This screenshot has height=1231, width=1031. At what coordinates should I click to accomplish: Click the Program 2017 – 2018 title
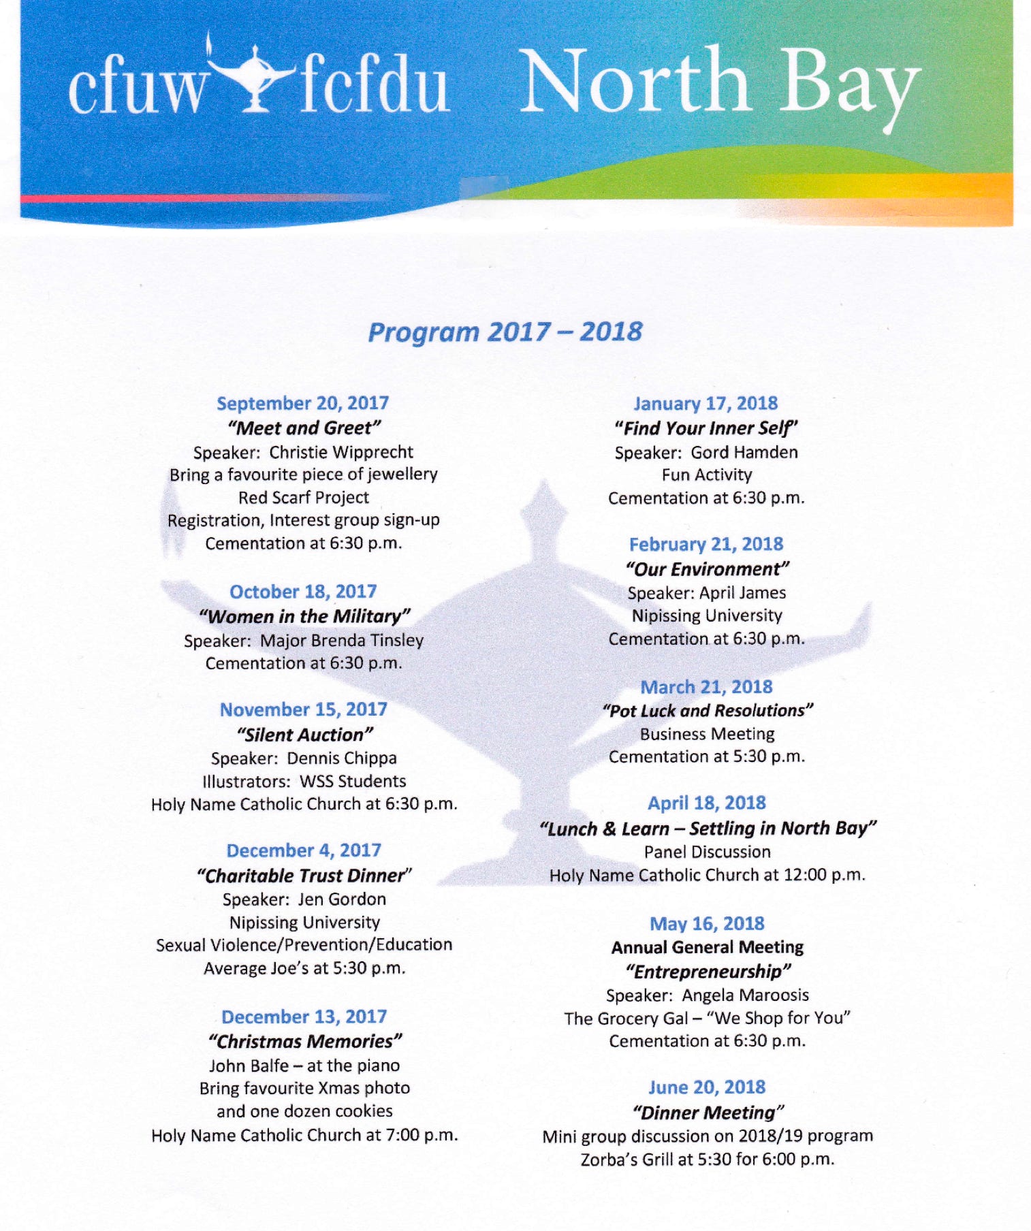(505, 332)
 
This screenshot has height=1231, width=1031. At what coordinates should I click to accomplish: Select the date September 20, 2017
(302, 403)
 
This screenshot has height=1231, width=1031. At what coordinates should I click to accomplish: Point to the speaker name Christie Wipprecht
(341, 452)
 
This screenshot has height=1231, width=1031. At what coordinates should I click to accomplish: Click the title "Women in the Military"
(304, 616)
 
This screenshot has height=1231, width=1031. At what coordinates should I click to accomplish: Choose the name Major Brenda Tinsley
(342, 641)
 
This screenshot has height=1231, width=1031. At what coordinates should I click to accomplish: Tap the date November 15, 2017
(303, 709)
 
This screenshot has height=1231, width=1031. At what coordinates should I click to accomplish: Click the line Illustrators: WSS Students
(304, 781)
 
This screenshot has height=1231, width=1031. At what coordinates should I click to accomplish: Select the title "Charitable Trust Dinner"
(304, 876)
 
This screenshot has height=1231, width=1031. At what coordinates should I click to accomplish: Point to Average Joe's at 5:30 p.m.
(304, 968)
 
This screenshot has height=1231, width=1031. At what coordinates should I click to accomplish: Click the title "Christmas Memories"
(304, 1041)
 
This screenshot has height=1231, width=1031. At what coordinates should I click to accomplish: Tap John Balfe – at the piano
(304, 1066)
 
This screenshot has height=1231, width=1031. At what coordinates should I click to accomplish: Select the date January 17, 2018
(705, 404)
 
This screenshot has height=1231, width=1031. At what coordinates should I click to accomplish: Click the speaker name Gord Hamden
(744, 453)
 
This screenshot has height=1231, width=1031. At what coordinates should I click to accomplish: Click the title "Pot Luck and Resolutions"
(707, 711)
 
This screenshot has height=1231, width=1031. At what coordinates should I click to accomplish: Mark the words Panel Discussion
(707, 852)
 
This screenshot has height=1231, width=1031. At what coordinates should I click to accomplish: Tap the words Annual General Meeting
(707, 947)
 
